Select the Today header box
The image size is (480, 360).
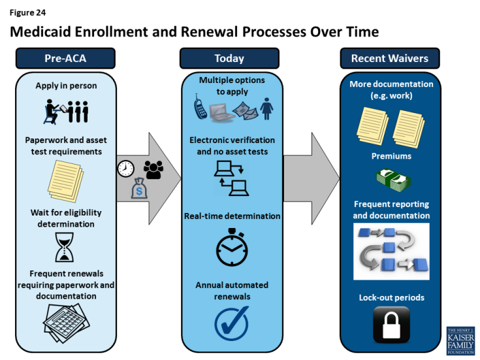coord(229,59)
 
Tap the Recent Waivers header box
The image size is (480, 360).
coord(390,59)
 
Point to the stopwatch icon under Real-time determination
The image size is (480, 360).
coord(232,247)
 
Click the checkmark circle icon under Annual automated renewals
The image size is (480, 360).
coord(231,322)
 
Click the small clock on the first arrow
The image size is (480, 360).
coord(125,169)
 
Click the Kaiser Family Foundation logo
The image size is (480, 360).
coord(460,340)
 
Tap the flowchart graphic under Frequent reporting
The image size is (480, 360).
coord(391,252)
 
